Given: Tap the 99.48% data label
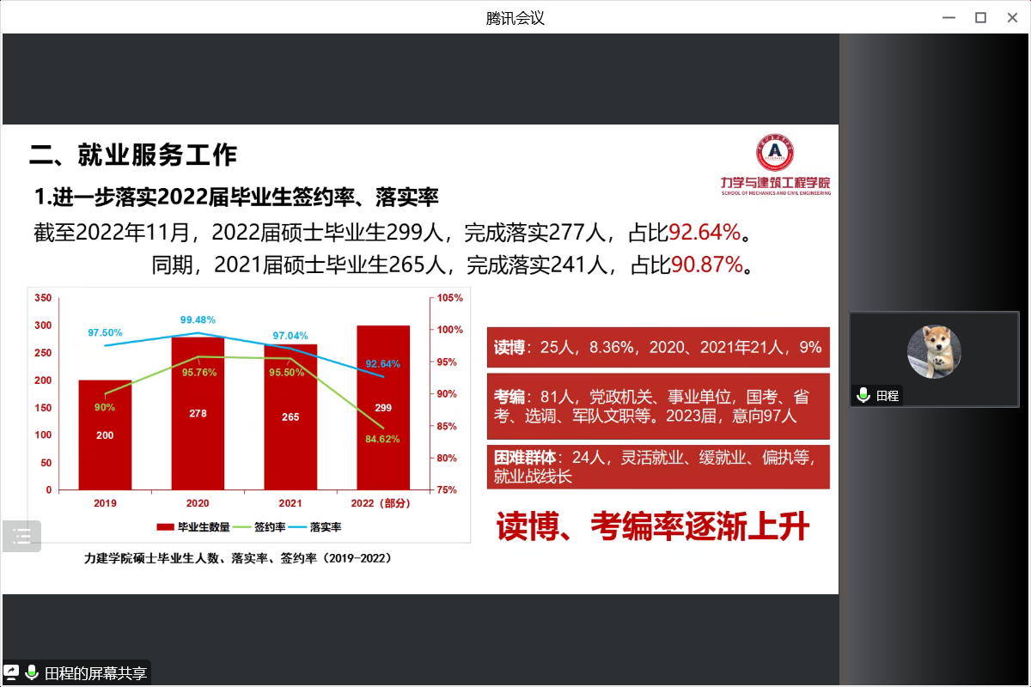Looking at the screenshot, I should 198,320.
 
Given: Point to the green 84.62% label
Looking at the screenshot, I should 382,439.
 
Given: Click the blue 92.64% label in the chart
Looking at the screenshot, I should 382,363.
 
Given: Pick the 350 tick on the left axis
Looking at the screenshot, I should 43,298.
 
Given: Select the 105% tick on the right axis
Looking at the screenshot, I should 450,298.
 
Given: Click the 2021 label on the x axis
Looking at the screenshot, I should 290,503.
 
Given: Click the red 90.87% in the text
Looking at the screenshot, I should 706,264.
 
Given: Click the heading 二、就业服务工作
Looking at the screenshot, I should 133,155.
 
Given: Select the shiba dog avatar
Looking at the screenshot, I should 934,351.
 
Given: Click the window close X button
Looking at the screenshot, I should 1011,17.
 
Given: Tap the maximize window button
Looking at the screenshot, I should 980,17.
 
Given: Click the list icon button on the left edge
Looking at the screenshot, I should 21,537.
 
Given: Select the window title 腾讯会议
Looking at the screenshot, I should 515,17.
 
